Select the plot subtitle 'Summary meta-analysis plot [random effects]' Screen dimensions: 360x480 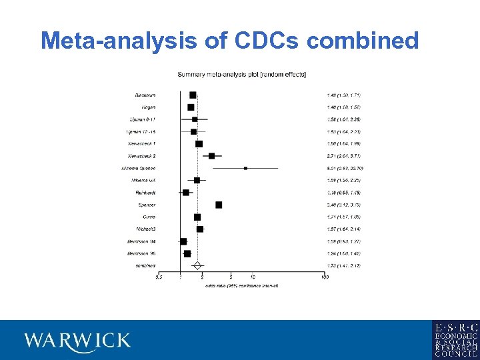tap(241, 74)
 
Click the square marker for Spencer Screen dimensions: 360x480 tap(219, 205)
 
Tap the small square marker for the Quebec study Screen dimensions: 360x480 tap(245, 168)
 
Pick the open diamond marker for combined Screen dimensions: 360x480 tap(197, 265)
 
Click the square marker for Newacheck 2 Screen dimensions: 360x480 tap(211, 156)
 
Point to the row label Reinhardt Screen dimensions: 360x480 tap(145, 193)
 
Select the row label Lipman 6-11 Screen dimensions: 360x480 tap(143, 119)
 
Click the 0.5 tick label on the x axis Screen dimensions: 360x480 tap(158, 277)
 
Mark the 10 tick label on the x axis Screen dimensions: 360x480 tap(252, 277)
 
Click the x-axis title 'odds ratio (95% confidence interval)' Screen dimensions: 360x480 tap(241, 285)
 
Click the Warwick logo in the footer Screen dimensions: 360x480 tap(77, 341)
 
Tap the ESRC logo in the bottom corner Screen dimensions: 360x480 tap(455, 340)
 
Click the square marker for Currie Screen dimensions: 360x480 tap(197, 217)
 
